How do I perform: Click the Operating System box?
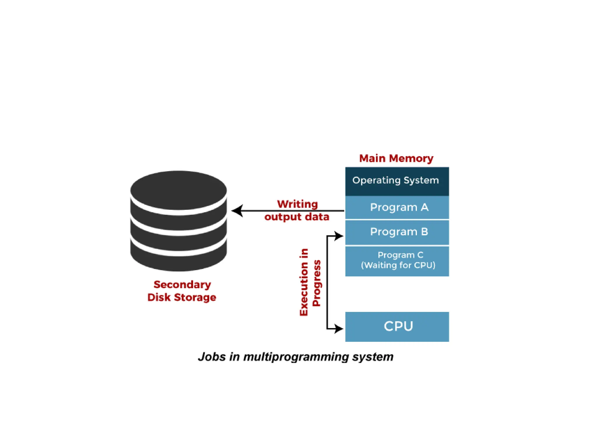(397, 181)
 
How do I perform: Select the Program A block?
(397, 207)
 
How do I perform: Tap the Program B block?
(397, 232)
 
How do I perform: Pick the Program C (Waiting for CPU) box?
(397, 261)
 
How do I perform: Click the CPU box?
(397, 326)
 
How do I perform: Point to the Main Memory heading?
(396, 158)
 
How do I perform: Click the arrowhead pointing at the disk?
(236, 211)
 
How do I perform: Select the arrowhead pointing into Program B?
(339, 236)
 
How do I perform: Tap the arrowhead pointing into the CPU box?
(339, 329)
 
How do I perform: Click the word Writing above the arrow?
(297, 204)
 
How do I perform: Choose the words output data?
(297, 217)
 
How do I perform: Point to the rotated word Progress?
(317, 283)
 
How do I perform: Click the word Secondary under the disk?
(182, 284)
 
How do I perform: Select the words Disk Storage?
(182, 297)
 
